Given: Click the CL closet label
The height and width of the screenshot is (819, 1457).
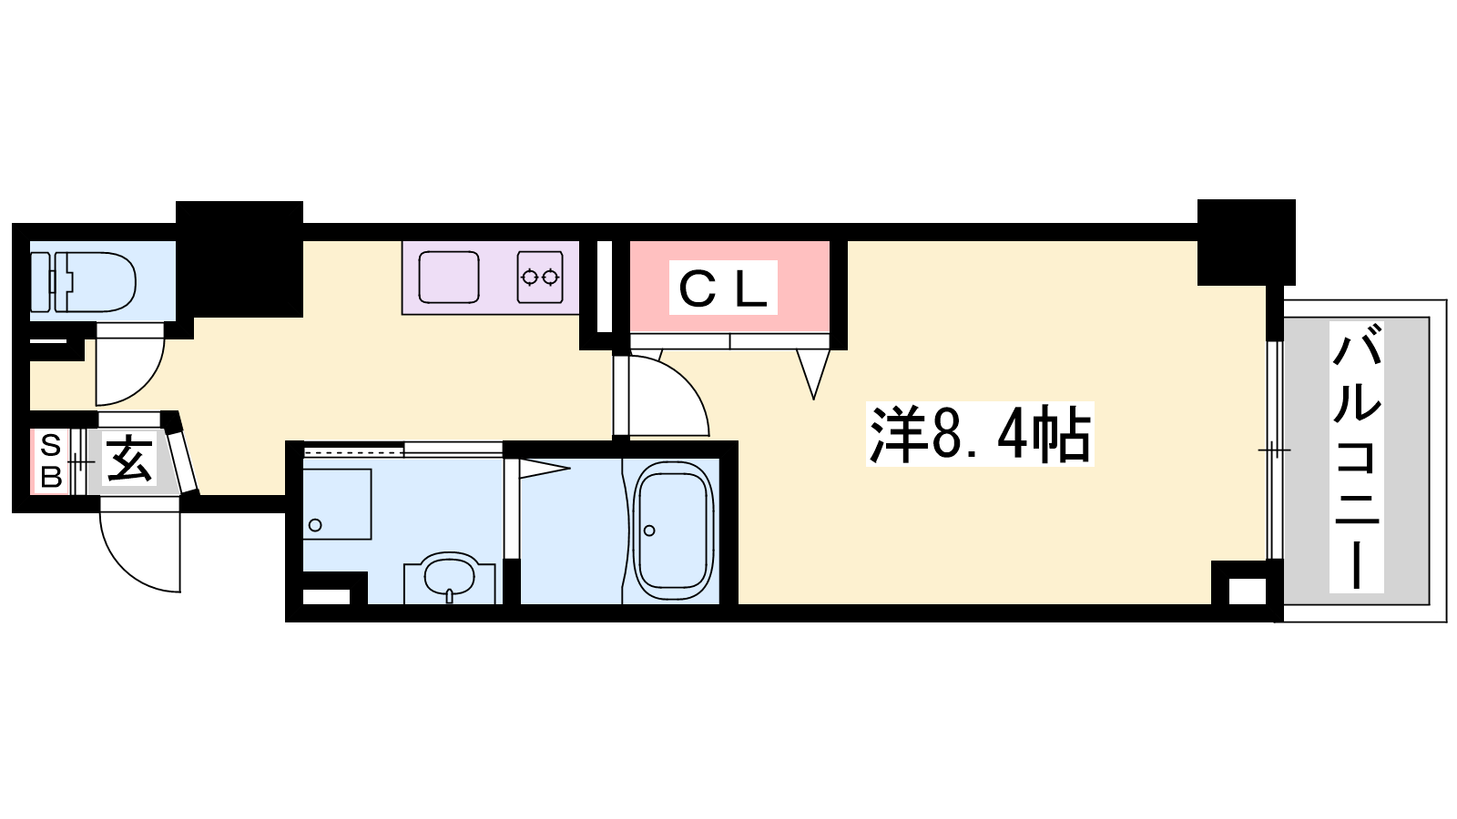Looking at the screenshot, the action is click(x=723, y=288).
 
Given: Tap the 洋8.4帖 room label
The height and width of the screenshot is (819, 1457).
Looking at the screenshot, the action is click(x=980, y=433).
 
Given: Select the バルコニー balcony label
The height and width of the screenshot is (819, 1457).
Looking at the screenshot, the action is click(x=1356, y=456).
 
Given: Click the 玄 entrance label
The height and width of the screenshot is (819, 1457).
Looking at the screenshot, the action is click(x=129, y=459).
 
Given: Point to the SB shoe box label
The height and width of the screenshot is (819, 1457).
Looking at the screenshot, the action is click(x=51, y=460).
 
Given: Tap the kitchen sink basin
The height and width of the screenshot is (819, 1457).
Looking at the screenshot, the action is click(x=449, y=278).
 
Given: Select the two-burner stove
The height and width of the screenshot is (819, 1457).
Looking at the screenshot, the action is click(x=540, y=278).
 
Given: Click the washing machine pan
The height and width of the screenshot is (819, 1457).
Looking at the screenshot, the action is click(x=337, y=504).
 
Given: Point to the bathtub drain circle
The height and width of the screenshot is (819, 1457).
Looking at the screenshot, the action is click(x=649, y=531).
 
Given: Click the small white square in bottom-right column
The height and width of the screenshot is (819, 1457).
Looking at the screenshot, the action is click(x=1247, y=591).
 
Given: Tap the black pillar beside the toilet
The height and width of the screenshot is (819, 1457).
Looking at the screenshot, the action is click(x=239, y=259).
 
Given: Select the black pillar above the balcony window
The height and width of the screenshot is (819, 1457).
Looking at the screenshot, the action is click(x=1247, y=242).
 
